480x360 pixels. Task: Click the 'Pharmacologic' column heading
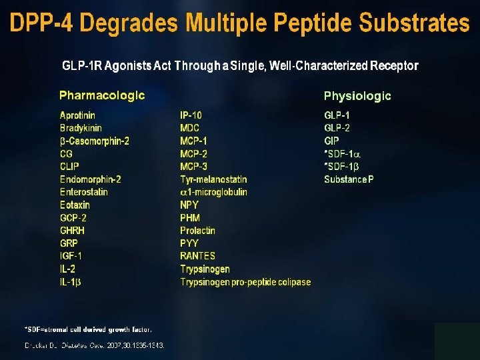(102, 95)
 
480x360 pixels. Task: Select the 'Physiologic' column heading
(357, 96)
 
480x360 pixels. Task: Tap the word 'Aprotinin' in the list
(77, 115)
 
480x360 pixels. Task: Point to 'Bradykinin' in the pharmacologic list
(81, 128)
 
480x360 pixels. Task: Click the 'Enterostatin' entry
(83, 192)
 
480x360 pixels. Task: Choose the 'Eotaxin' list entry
(75, 205)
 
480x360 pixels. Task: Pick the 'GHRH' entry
(72, 231)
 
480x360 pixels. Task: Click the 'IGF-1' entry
(71, 256)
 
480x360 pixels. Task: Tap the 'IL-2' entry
(68, 269)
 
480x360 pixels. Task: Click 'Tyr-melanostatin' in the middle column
(213, 179)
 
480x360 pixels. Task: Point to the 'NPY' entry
(189, 205)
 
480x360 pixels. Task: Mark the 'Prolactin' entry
(197, 231)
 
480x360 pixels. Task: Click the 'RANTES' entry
(197, 256)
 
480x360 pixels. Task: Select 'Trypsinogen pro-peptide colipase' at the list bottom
(245, 282)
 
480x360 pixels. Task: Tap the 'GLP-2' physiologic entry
(337, 128)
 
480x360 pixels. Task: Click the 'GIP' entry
(331, 141)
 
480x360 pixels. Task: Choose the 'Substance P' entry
(349, 179)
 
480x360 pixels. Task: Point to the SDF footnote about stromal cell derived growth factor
(88, 329)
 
